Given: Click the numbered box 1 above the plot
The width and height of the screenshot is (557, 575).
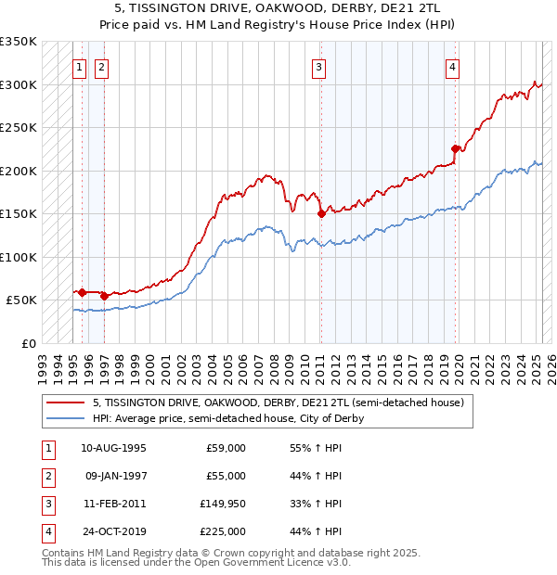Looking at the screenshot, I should (x=80, y=66).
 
